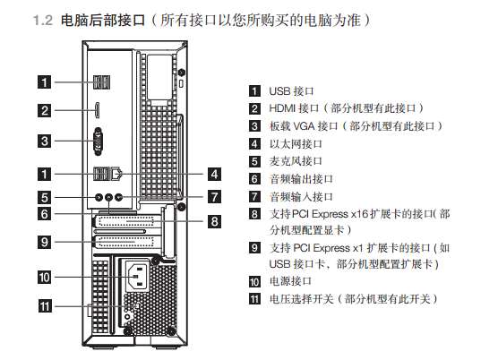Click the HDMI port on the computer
98,110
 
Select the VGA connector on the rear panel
99,141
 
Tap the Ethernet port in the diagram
116,174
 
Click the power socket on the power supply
137,276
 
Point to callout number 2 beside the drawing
45,110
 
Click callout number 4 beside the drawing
214,174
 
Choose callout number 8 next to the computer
214,221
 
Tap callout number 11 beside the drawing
45,306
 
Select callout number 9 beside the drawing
45,242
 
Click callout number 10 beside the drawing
45,277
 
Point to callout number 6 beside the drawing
45,214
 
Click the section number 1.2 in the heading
43,21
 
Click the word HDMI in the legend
282,108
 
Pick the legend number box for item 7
254,196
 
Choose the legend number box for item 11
254,299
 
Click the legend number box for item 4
254,144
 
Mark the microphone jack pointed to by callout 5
99,197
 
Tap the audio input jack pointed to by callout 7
118,197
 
